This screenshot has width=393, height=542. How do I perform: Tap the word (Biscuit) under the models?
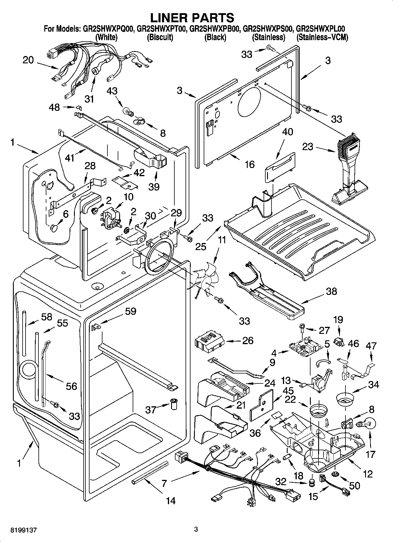160,37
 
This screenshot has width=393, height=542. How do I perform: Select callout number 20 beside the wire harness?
28,60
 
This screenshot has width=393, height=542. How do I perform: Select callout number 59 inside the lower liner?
130,311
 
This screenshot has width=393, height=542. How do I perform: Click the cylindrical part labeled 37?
174,405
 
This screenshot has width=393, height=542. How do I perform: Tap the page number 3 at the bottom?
196,529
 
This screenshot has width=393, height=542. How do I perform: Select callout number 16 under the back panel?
249,164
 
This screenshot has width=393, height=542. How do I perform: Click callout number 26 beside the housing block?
248,340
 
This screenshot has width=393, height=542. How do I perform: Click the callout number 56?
71,386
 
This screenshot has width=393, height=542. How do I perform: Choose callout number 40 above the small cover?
287,132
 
